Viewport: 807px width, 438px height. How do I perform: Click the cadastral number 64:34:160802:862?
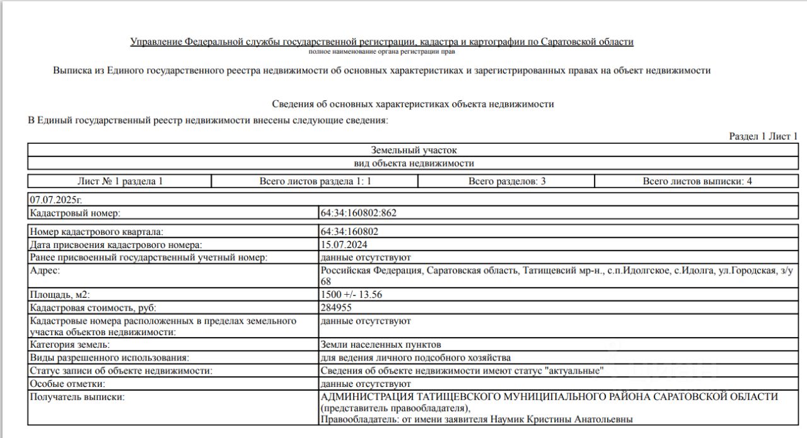point(358,213)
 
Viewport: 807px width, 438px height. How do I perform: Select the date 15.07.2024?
point(344,244)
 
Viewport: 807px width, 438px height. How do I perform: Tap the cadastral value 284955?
point(336,307)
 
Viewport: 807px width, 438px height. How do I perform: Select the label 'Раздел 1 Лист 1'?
point(763,136)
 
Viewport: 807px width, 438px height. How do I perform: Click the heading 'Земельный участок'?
point(414,150)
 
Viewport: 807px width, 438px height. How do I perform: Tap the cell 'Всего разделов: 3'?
point(506,181)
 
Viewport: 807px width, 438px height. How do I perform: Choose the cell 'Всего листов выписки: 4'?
point(697,181)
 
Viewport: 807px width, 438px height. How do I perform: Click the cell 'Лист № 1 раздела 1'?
point(120,181)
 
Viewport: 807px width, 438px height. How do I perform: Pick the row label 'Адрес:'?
point(45,270)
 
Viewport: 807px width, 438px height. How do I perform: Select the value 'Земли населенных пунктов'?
point(380,345)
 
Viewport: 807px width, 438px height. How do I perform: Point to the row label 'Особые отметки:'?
point(67,383)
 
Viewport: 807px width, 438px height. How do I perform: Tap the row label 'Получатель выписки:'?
point(78,396)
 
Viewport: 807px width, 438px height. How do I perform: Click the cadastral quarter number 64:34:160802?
point(349,232)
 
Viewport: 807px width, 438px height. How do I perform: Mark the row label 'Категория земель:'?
point(69,345)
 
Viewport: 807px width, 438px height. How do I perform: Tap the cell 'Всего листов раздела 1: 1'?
point(315,181)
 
